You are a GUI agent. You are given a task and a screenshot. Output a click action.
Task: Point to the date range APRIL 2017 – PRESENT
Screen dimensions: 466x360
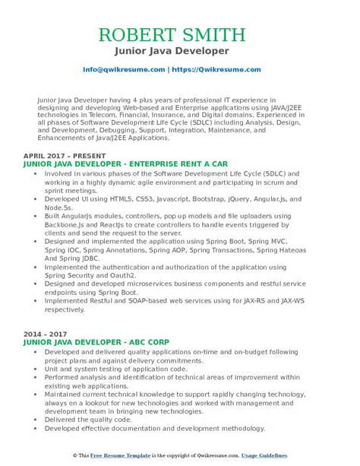[62, 155]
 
